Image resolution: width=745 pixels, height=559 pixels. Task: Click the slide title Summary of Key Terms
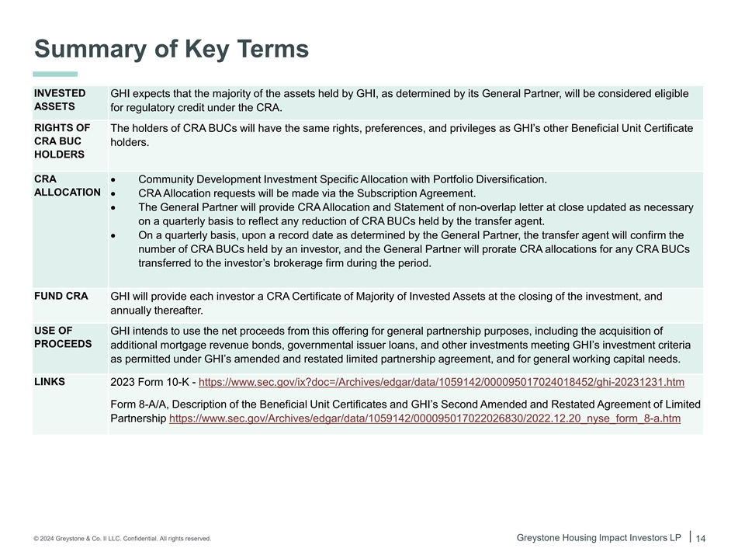click(172, 49)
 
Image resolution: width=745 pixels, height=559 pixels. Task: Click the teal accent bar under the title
click(55, 74)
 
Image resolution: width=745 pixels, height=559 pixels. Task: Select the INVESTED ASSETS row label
click(60, 100)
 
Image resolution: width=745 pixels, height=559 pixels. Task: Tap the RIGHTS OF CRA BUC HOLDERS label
click(62, 141)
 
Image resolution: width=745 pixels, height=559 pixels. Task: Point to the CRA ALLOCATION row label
click(67, 186)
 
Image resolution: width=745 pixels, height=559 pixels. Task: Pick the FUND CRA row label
click(61, 296)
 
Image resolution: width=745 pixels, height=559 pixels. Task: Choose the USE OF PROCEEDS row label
click(63, 337)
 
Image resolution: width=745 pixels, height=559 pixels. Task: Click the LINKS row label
click(50, 381)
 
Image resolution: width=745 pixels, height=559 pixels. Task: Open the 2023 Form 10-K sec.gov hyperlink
click(442, 382)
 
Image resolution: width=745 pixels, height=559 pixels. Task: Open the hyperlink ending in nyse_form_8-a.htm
click(424, 418)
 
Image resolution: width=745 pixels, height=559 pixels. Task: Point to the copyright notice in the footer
click(122, 539)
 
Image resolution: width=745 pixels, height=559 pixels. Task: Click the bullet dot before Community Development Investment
click(114, 180)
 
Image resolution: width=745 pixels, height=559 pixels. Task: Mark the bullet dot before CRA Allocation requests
click(114, 194)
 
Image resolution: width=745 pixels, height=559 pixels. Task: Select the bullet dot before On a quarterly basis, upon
click(114, 236)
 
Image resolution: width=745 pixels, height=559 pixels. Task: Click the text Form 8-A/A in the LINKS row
click(140, 404)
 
